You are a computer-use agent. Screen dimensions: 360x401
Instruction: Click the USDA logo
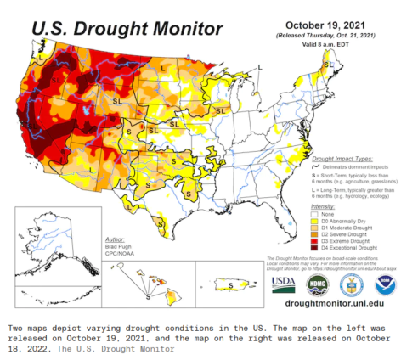[x=284, y=284]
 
